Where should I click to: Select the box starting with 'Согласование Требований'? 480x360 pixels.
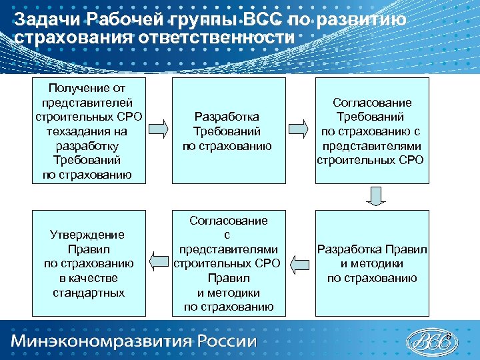pyautogui.click(x=372, y=131)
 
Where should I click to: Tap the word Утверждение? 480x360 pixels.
pyautogui.click(x=87, y=235)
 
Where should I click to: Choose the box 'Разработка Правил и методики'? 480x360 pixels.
pyautogui.click(x=372, y=263)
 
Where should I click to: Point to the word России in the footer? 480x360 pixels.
pyautogui.click(x=228, y=341)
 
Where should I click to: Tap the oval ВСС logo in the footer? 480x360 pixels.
pyautogui.click(x=434, y=341)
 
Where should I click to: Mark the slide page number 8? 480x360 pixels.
pyautogui.click(x=449, y=334)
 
